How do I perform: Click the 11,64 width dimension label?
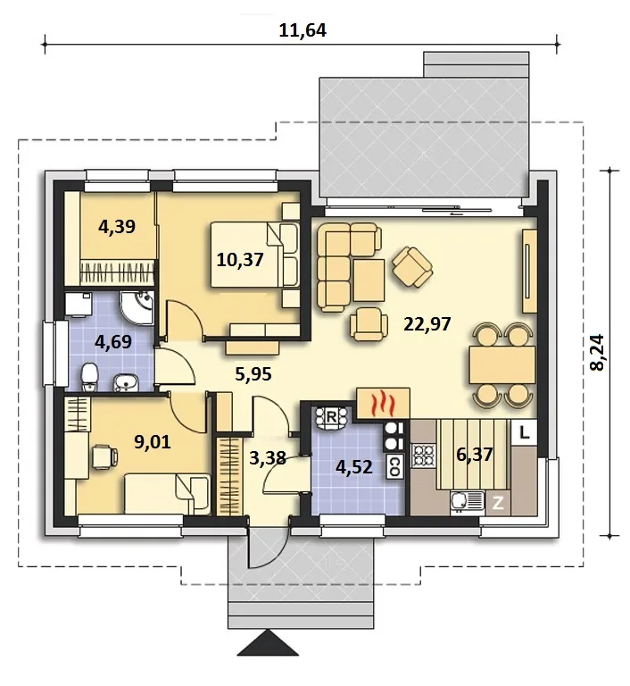point(303,30)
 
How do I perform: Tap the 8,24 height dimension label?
point(597,353)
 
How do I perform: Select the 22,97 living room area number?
point(427,324)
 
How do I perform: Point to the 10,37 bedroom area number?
point(240,260)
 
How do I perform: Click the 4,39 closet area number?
point(117,227)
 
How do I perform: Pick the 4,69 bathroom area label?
point(113,342)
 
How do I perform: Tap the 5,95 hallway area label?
point(253,374)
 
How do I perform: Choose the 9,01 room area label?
point(152,442)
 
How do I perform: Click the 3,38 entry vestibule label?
point(268,458)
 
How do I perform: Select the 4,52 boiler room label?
point(354,467)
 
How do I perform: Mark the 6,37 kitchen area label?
point(475,455)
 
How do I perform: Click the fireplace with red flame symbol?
point(384,403)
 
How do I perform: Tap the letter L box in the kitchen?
point(524,432)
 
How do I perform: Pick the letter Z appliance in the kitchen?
point(498,504)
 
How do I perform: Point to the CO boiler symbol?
point(394,466)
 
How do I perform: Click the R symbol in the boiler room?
point(331,417)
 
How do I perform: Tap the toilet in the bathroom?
point(89,377)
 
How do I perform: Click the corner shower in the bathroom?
point(137,308)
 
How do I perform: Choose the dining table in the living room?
point(502,364)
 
